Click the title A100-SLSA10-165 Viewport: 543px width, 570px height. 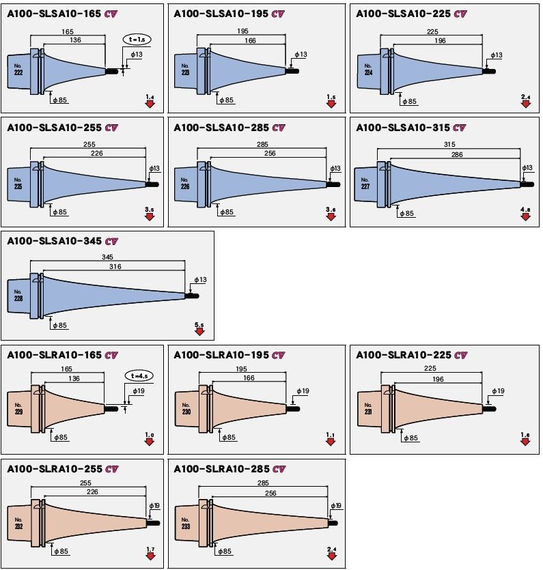click(x=55, y=14)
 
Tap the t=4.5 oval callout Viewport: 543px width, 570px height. click(x=139, y=376)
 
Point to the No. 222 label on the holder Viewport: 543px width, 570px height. click(x=18, y=70)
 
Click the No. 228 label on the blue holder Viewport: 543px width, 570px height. click(x=18, y=295)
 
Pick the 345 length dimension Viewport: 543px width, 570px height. click(x=107, y=256)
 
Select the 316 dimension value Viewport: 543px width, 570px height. click(x=115, y=266)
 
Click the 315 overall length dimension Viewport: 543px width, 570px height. click(x=449, y=144)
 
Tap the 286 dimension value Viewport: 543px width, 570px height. click(x=457, y=155)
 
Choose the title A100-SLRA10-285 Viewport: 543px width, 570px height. click(x=221, y=469)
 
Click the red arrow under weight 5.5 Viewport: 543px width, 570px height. click(x=199, y=331)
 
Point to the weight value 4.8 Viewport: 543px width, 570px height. click(x=525, y=209)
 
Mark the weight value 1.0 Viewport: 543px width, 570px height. click(x=150, y=435)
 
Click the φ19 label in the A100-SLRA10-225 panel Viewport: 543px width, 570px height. click(x=498, y=391)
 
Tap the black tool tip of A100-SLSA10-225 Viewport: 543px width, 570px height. click(x=490, y=70)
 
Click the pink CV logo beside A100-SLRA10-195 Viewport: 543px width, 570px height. click(x=279, y=355)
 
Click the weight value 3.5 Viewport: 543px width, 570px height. click(x=150, y=209)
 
